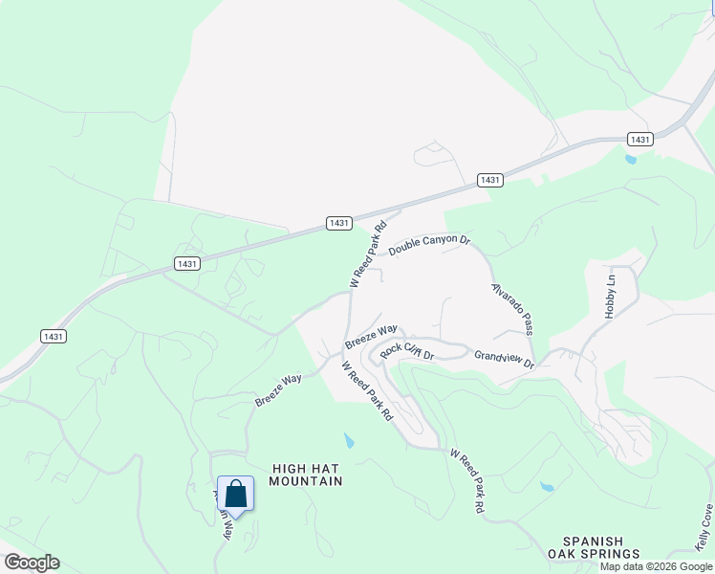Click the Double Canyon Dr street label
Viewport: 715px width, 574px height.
pos(429,245)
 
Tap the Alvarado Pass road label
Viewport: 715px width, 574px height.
pos(512,307)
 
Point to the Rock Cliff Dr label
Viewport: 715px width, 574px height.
pos(407,351)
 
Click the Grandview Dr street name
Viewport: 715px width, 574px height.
pos(504,360)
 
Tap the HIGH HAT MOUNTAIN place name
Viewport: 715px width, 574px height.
pos(306,475)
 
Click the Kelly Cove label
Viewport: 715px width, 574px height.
pos(704,528)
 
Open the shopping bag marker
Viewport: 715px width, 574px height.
pos(236,495)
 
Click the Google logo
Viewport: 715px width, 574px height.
pos(32,563)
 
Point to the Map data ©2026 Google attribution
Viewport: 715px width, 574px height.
pos(656,566)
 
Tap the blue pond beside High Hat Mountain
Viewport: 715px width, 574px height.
pos(349,441)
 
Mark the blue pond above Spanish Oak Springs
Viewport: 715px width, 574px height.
pos(547,487)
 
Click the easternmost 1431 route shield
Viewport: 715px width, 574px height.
pos(640,140)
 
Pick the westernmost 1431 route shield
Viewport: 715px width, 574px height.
pos(54,337)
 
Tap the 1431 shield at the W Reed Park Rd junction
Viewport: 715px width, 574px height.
pos(338,223)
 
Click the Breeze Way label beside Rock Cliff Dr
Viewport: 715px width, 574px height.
pos(371,336)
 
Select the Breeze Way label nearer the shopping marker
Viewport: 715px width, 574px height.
pos(278,390)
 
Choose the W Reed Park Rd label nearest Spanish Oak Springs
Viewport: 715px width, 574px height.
pos(466,483)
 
